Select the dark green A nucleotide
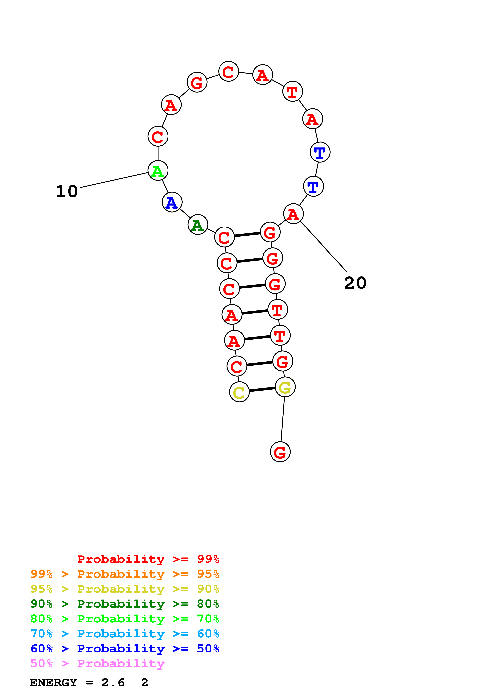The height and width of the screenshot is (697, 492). click(x=198, y=225)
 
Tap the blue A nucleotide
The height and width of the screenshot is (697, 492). click(x=172, y=202)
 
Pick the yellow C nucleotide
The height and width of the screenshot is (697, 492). click(x=239, y=392)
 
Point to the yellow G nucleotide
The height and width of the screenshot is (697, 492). click(x=285, y=387)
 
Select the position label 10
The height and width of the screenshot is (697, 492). click(x=67, y=191)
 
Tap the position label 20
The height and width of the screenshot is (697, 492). click(x=355, y=283)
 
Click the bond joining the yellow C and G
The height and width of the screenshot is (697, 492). click(x=262, y=389)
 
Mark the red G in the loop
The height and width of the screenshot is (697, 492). click(x=197, y=82)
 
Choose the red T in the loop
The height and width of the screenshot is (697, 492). click(x=293, y=91)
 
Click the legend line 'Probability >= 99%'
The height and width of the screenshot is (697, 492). click(x=148, y=559)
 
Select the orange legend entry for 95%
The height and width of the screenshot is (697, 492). click(x=125, y=574)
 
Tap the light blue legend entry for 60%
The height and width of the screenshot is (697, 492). click(x=125, y=634)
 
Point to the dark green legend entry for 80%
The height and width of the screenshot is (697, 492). click(x=125, y=604)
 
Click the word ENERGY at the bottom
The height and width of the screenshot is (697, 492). click(x=53, y=682)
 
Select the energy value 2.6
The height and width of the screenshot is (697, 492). click(x=113, y=682)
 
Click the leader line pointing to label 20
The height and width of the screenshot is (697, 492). click(x=324, y=247)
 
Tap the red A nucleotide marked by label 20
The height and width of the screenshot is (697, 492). click(x=293, y=214)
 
